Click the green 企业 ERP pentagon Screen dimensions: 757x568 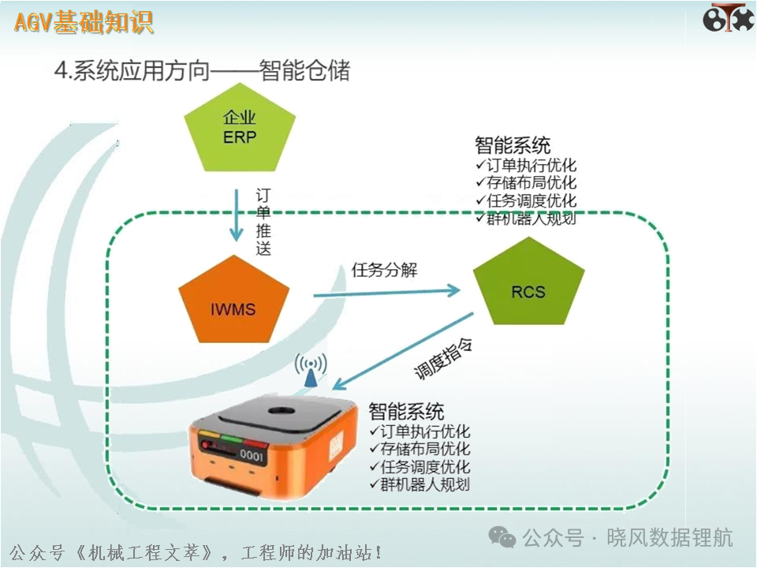pos(240,129)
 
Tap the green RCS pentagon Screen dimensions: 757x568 pos(528,283)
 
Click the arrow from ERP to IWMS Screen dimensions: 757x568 pos(236,215)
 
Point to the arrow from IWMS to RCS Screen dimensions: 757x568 pos(386,292)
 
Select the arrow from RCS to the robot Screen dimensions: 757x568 pos(403,351)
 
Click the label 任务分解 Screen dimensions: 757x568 pos(384,270)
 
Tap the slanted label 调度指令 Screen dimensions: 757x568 pos(443,358)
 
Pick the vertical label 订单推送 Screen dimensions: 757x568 pos(263,222)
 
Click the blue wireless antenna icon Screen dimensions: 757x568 pos(311,370)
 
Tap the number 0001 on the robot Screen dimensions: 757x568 pos(252,454)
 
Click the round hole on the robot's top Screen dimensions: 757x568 pos(282,411)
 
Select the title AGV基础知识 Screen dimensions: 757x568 pos(84,22)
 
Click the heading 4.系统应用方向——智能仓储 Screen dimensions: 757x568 pos(203,70)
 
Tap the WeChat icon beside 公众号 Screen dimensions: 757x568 pos(502,536)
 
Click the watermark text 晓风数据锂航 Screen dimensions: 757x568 pos(670,537)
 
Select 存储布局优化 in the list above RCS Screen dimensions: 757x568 pos(526,182)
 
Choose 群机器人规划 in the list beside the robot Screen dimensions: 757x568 pos(420,484)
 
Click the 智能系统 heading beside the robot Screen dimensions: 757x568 pos(406,412)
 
